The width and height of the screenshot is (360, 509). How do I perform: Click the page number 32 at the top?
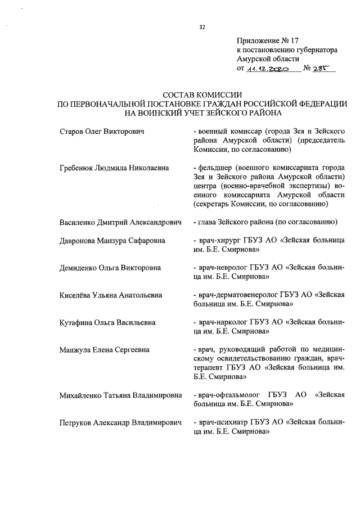[203, 26]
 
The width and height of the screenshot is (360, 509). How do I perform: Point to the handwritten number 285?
[324, 69]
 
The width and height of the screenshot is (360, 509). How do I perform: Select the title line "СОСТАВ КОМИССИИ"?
[202, 94]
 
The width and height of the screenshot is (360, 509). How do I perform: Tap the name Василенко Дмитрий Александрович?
[120, 222]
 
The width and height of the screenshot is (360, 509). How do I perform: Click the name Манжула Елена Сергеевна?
[105, 349]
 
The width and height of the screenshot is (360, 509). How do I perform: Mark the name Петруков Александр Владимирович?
[121, 422]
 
